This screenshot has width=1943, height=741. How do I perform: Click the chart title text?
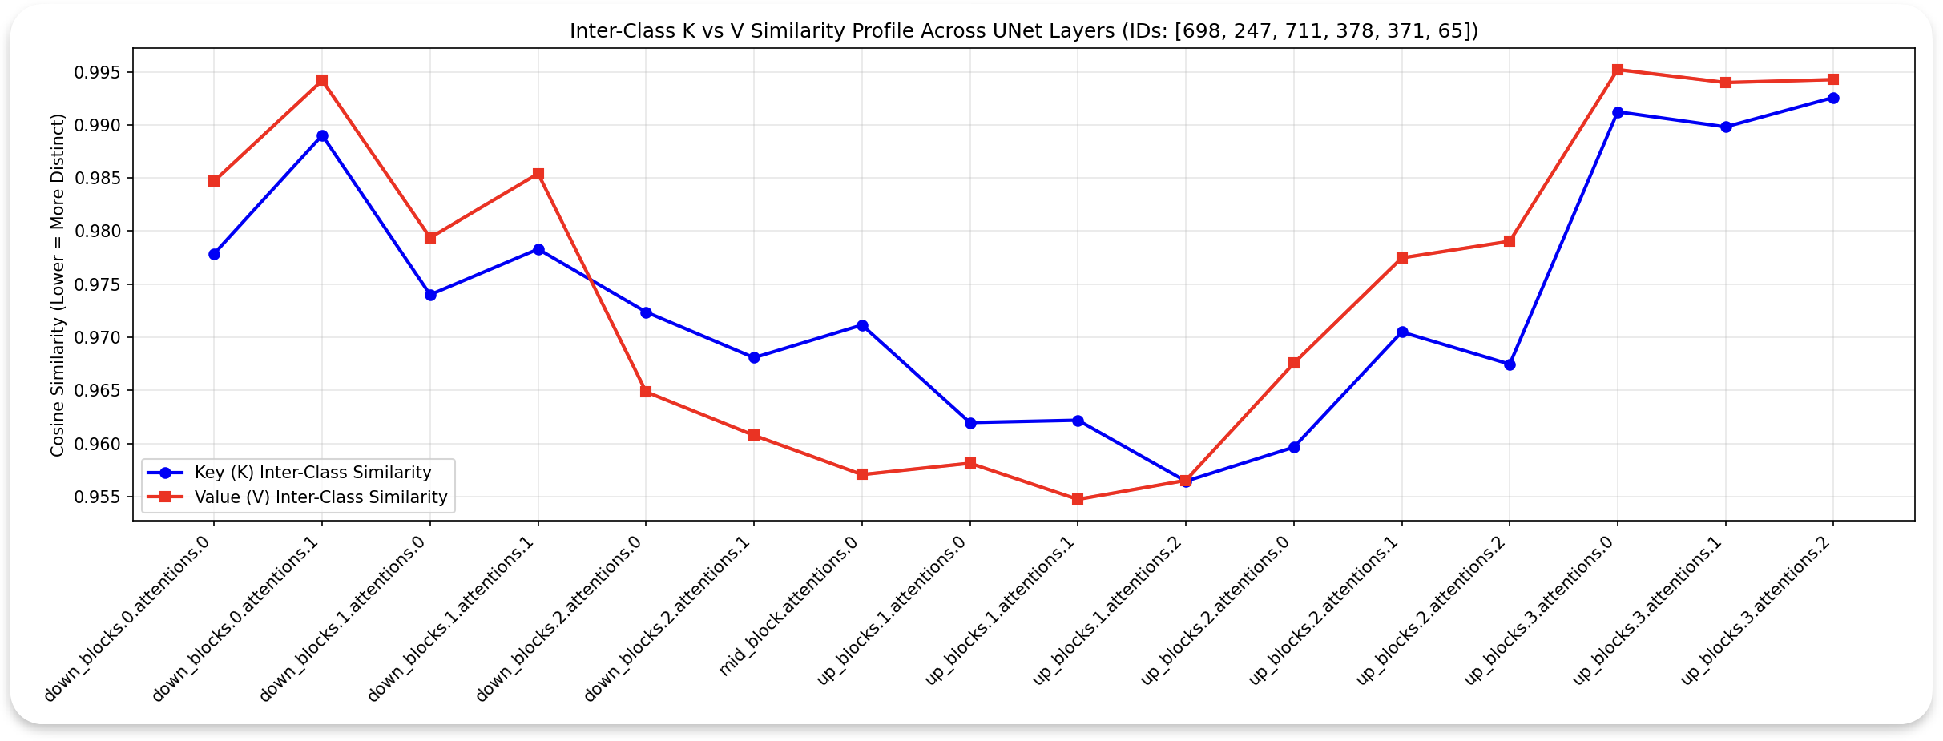click(1023, 31)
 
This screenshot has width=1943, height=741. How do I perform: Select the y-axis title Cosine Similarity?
click(58, 284)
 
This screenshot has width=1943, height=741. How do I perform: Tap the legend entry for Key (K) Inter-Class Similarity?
click(312, 473)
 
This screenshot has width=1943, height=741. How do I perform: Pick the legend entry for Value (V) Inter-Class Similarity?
click(320, 497)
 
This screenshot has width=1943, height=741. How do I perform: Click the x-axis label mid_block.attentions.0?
click(789, 607)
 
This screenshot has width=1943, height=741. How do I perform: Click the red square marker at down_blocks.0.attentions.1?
click(322, 80)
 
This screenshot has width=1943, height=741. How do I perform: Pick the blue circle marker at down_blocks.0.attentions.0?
click(214, 254)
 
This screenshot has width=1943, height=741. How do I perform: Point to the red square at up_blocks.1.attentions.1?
click(1078, 499)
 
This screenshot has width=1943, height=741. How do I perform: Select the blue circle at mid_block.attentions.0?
click(862, 325)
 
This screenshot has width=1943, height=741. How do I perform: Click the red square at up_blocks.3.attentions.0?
click(1618, 70)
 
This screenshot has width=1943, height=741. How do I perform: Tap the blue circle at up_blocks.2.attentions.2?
click(1510, 364)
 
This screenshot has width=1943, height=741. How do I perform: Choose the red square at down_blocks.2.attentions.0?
click(646, 392)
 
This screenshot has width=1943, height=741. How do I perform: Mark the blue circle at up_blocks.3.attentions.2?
click(1833, 98)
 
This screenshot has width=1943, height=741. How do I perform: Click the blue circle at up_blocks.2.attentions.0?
click(1294, 447)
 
